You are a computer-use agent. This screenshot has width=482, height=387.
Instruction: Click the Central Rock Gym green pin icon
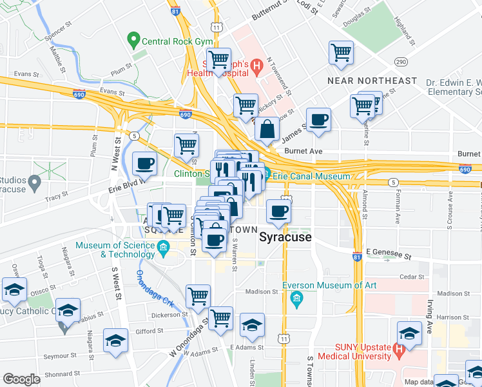point(134,41)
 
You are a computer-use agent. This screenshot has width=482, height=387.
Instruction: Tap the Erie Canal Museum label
point(312,176)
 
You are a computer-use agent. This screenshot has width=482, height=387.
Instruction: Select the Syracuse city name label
point(285,237)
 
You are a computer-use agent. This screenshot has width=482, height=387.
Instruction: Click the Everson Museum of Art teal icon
point(296,297)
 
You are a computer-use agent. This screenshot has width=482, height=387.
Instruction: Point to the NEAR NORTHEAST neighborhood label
point(372,81)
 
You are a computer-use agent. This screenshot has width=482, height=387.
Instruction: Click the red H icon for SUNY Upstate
point(399,351)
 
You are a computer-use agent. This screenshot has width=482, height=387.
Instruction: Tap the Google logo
point(21,379)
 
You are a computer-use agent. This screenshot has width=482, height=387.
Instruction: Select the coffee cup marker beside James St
point(318,120)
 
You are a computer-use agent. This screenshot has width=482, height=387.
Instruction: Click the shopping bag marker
point(267,128)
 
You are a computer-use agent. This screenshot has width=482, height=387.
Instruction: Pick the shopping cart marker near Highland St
point(341,53)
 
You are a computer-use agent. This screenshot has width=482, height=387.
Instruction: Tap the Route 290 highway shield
point(401,62)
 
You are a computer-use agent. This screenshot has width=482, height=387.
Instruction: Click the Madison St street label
point(261,292)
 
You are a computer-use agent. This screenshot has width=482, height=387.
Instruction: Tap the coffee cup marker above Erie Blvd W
point(144,163)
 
